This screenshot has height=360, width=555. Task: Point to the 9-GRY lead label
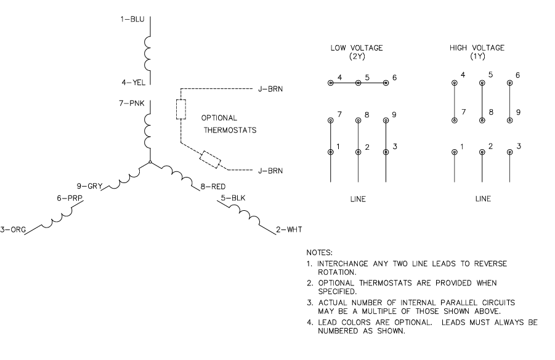pos(89,184)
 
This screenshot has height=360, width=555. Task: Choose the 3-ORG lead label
pos(13,230)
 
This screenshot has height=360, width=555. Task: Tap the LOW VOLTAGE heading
pos(357,48)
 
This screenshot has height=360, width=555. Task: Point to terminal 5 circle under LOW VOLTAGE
pos(359,83)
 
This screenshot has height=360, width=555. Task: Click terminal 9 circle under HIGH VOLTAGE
pos(509,120)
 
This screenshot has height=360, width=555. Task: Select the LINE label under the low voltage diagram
pos(358,199)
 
